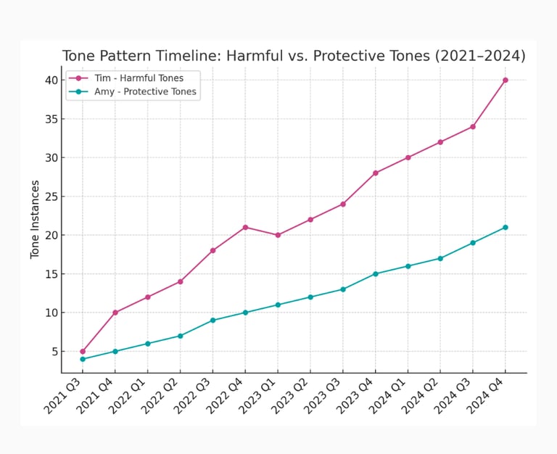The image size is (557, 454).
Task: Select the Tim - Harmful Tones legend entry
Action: click(x=139, y=78)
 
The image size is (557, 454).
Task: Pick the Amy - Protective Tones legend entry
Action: click(x=145, y=92)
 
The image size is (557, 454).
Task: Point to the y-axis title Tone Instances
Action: click(x=35, y=220)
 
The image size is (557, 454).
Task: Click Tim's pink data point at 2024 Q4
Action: click(x=506, y=80)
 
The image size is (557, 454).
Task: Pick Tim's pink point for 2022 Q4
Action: click(x=245, y=227)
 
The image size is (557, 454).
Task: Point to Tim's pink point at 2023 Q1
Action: click(x=278, y=235)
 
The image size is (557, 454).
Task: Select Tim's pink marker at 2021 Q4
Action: click(x=115, y=313)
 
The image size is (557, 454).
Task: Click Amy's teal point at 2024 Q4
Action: click(x=506, y=227)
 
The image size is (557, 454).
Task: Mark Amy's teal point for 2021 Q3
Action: click(x=83, y=359)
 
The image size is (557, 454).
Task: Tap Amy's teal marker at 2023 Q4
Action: click(x=376, y=273)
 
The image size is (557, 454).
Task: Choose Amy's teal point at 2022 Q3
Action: click(x=213, y=320)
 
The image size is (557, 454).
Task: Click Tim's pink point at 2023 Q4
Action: click(x=376, y=173)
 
